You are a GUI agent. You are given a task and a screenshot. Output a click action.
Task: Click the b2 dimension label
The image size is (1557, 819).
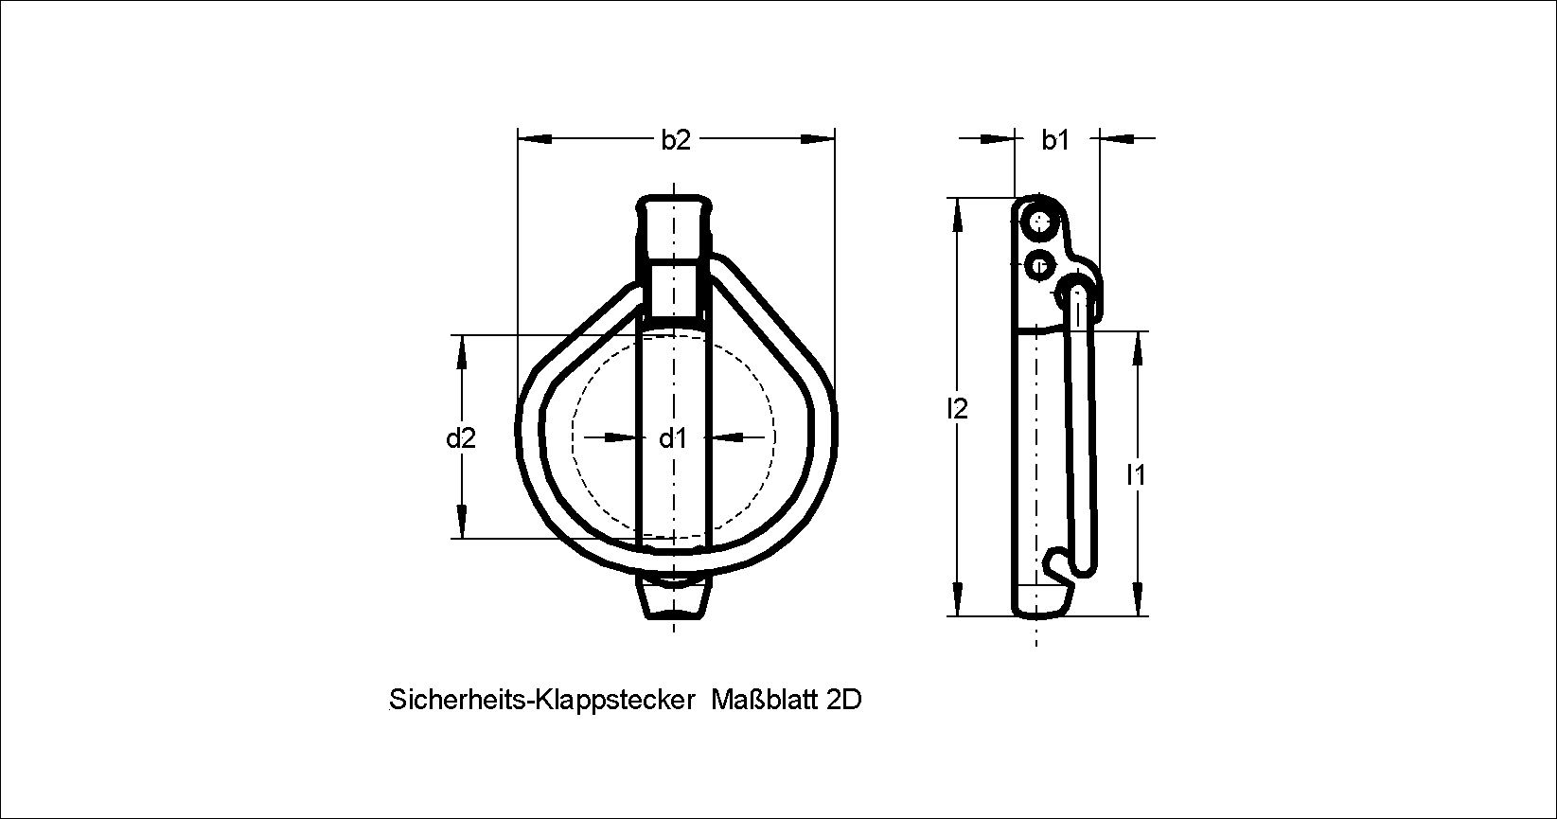tap(676, 140)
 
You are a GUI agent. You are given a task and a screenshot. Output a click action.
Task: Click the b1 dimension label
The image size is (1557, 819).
tap(1055, 140)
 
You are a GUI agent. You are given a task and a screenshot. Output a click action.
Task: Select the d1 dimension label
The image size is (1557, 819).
tap(673, 438)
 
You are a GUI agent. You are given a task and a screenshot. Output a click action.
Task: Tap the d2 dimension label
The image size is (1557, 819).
tap(461, 438)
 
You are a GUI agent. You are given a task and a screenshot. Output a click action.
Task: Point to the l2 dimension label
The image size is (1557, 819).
tap(958, 409)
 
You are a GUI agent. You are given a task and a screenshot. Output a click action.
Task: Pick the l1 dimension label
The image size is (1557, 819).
tap(1136, 475)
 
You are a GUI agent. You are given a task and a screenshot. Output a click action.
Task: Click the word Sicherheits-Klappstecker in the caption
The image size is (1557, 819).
tap(542, 700)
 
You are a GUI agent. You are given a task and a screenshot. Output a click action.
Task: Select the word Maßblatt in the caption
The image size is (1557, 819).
tap(765, 700)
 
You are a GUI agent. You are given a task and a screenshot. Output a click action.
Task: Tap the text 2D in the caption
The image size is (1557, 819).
tap(844, 700)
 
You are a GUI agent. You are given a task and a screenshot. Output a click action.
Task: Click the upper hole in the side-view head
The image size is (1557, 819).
tap(1040, 223)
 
